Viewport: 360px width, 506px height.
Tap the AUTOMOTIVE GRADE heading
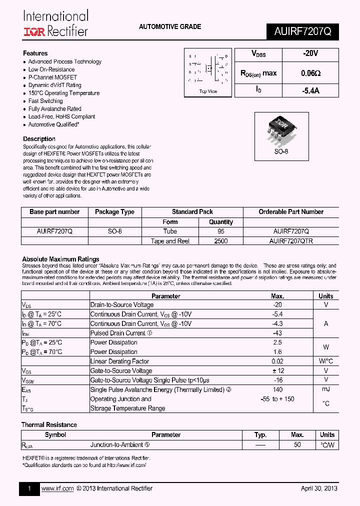coord(170,26)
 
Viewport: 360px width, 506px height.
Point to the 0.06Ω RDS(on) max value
coord(310,73)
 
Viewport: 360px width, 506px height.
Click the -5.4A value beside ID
coord(310,90)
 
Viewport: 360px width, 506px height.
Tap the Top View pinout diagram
coord(208,72)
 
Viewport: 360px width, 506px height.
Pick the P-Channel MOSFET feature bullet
coord(52,77)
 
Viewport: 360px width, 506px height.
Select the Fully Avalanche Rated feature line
coord(54,108)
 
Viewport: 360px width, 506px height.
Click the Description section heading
coord(39,139)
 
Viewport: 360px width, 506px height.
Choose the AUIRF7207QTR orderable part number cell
coord(291,241)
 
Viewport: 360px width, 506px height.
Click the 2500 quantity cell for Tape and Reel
coord(221,241)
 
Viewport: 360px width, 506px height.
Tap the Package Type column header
coord(114,212)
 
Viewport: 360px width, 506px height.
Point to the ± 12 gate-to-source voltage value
coord(277,370)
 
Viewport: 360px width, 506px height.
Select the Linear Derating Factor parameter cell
coord(119,361)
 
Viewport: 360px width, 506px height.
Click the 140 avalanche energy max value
coord(277,389)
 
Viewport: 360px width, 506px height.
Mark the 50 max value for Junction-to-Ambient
coord(297,444)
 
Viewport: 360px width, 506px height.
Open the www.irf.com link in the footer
coord(57,488)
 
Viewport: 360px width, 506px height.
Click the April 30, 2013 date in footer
coord(319,488)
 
